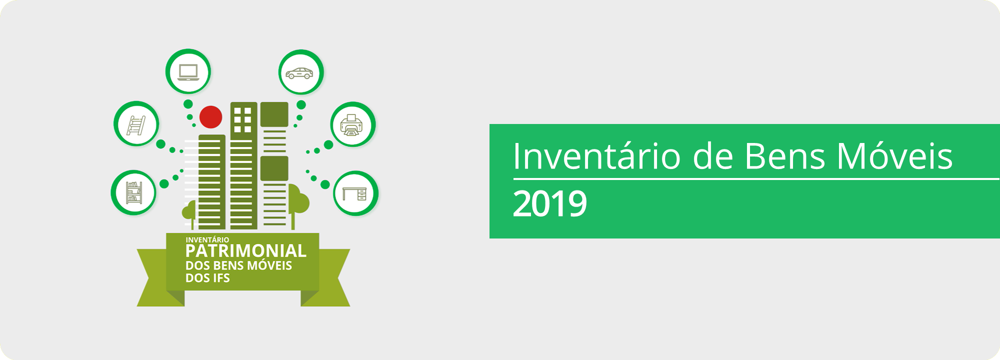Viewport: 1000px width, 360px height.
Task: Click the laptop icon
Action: coord(188,72)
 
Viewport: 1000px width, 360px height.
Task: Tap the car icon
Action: coord(300,73)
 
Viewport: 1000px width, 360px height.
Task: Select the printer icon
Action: coord(352,125)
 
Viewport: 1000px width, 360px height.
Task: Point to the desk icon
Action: coord(355,193)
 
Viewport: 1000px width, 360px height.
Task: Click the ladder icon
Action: coord(136,124)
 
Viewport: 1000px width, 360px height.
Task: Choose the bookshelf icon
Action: coord(134,193)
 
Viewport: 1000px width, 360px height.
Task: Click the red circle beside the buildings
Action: coord(210,117)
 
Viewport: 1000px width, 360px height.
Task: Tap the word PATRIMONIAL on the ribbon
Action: coord(245,251)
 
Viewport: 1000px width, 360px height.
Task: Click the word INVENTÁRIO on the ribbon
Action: coord(207,240)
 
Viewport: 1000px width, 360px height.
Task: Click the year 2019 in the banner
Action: coord(549,204)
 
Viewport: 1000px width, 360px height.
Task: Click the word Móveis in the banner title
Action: coord(895,156)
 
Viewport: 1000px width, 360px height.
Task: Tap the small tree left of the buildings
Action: coord(190,212)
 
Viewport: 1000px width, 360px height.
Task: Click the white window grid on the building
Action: coord(243,120)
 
